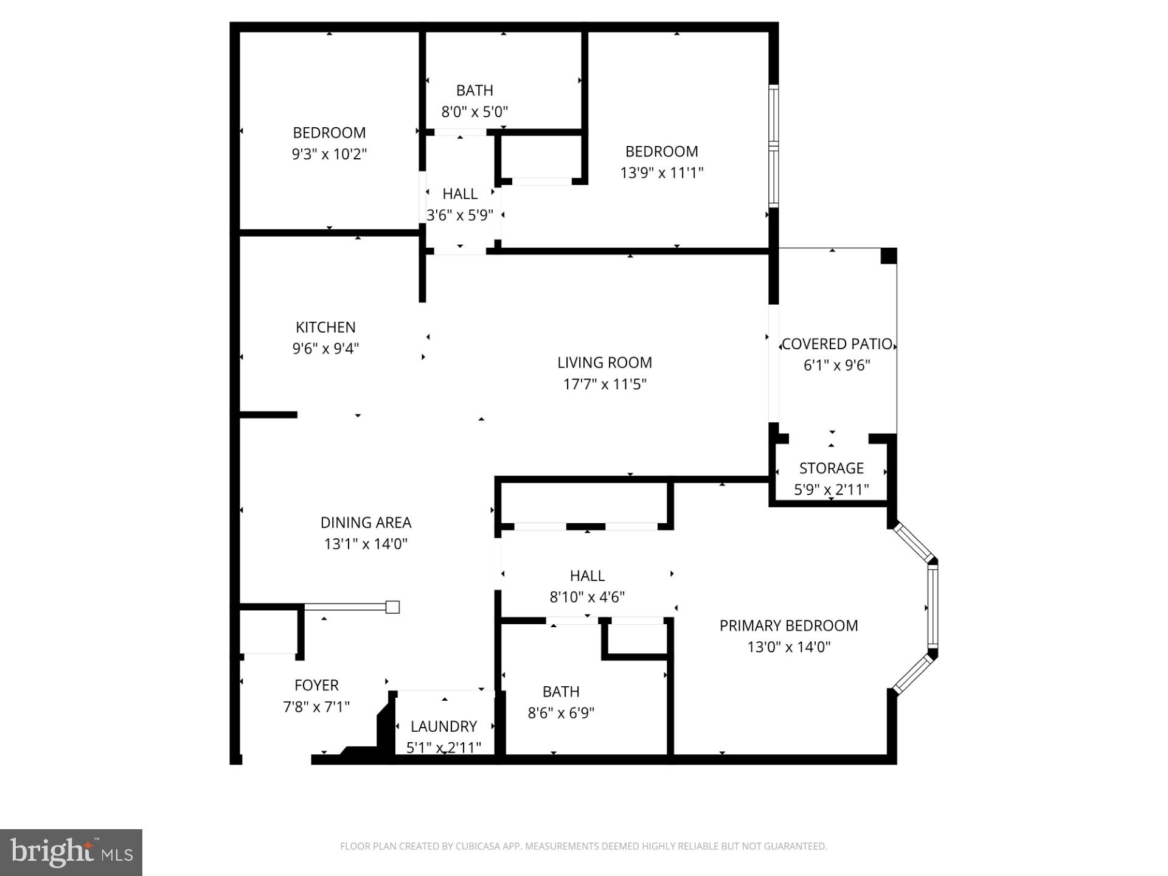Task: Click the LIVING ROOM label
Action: click(x=604, y=363)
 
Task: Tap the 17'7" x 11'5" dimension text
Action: click(x=604, y=384)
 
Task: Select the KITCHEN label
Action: click(x=325, y=327)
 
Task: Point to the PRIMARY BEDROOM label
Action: click(x=788, y=625)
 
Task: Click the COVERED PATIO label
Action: click(x=836, y=344)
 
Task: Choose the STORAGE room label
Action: click(x=831, y=468)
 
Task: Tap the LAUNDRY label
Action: click(x=443, y=726)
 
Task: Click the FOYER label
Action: click(x=316, y=685)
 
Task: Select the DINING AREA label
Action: click(x=366, y=523)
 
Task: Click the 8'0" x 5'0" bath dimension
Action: click(x=474, y=112)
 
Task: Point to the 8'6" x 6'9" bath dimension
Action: click(x=561, y=713)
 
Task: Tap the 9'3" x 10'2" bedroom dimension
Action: click(x=329, y=154)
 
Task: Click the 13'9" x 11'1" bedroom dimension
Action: click(x=661, y=173)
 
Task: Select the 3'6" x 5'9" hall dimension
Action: click(x=460, y=215)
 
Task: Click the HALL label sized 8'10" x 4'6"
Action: click(x=587, y=575)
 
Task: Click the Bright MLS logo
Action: click(x=71, y=852)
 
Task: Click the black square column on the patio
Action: click(x=889, y=255)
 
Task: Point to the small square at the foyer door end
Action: click(x=393, y=607)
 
